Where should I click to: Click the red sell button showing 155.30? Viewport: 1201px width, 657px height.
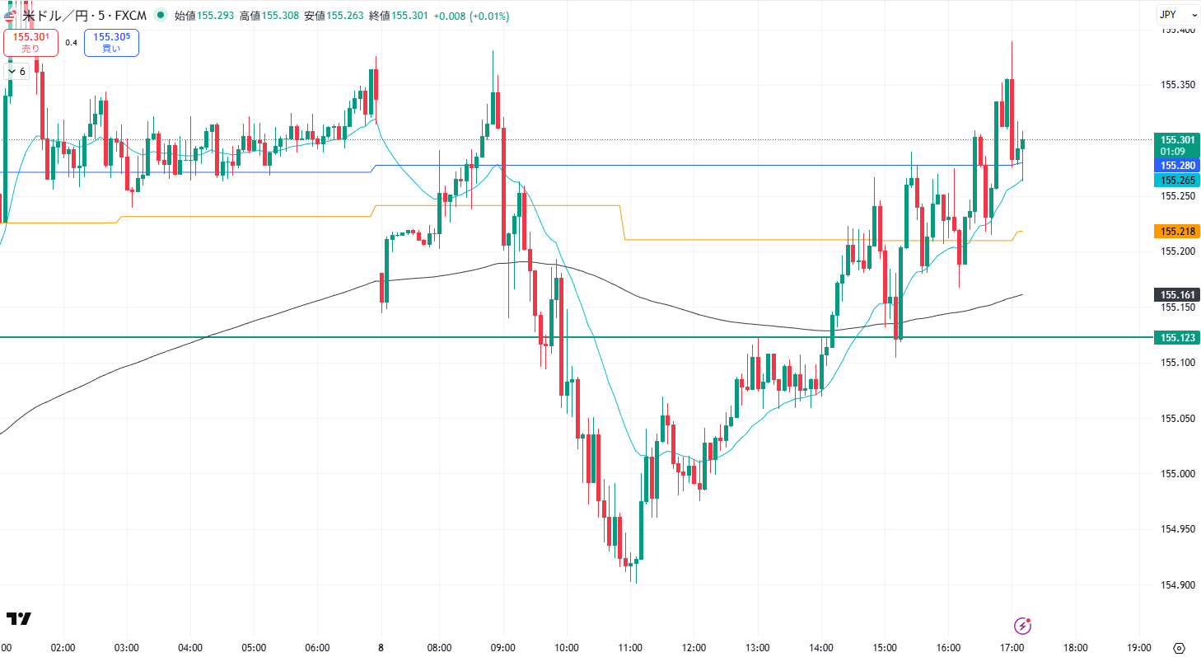(30, 42)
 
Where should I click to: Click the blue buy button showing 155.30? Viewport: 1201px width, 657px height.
(111, 42)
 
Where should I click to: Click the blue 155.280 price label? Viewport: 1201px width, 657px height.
(1177, 166)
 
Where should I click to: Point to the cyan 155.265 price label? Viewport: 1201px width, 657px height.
(1177, 181)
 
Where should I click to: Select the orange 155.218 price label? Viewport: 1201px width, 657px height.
(1177, 232)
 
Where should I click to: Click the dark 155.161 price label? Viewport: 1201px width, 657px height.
(1177, 295)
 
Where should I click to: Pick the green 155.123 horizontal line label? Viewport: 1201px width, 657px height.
(1177, 338)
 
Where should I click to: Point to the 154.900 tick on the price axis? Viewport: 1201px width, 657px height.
(1177, 585)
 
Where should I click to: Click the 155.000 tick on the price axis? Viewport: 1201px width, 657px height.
(1177, 474)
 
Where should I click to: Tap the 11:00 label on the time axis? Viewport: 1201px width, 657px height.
(630, 648)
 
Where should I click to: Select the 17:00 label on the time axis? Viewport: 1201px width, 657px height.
(1012, 648)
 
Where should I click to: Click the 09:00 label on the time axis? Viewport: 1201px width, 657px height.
(502, 648)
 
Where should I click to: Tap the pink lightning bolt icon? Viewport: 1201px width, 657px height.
(1023, 626)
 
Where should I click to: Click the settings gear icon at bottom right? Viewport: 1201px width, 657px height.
(1179, 648)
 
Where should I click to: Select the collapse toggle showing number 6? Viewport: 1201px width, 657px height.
(16, 72)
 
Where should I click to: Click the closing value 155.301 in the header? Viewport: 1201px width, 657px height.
(409, 16)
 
